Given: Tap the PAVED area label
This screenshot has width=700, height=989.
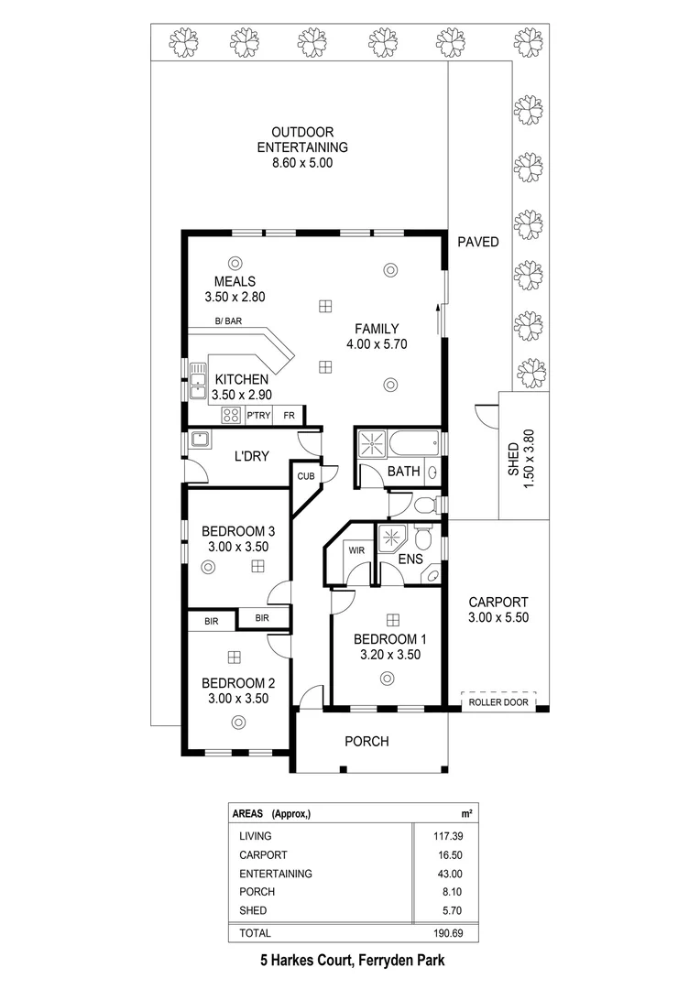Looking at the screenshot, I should [x=477, y=243].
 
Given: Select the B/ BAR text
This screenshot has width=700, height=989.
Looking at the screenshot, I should [x=228, y=321].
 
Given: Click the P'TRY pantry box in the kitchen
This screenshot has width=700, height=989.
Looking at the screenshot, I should [x=257, y=416].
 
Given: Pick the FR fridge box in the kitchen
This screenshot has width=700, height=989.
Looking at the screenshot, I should [x=289, y=416].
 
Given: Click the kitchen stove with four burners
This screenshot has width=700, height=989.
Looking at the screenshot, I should [x=231, y=416].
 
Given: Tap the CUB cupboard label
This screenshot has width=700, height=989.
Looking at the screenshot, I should [x=304, y=476].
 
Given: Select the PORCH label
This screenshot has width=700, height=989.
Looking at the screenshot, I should [x=366, y=742].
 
